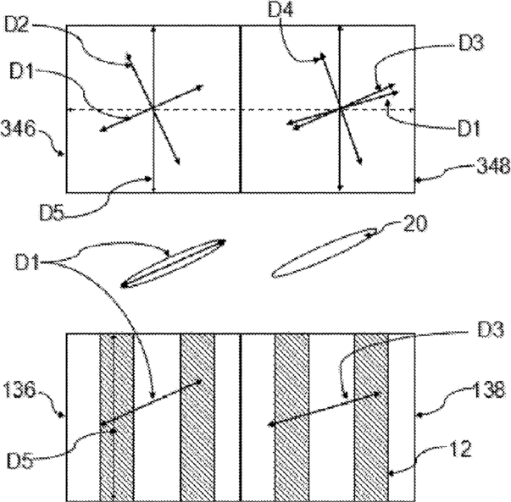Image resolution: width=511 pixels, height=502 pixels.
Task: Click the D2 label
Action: [17, 25]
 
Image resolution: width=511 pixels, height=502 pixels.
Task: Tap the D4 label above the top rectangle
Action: [280, 9]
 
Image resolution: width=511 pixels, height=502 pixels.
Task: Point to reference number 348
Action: [493, 165]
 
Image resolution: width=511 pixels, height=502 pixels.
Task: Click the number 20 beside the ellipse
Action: [415, 223]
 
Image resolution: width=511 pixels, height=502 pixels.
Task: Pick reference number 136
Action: [19, 389]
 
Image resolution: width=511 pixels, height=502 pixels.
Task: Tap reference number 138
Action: [488, 390]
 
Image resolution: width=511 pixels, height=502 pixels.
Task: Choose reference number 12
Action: [460, 449]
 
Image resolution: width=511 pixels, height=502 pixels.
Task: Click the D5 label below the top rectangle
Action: [53, 212]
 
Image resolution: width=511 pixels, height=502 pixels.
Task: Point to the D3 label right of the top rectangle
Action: [471, 43]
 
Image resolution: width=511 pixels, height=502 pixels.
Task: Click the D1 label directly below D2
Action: [21, 71]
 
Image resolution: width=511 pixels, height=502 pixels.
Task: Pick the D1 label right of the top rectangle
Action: [469, 129]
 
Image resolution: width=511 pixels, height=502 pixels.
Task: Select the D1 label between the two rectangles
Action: [27, 262]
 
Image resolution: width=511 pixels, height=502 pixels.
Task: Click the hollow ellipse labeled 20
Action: [325, 253]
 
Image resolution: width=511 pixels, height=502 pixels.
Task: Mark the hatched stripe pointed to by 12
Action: [371, 417]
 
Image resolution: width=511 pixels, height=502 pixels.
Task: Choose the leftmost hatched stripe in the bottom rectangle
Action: [117, 417]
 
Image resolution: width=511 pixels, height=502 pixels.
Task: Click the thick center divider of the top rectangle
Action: [241, 109]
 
